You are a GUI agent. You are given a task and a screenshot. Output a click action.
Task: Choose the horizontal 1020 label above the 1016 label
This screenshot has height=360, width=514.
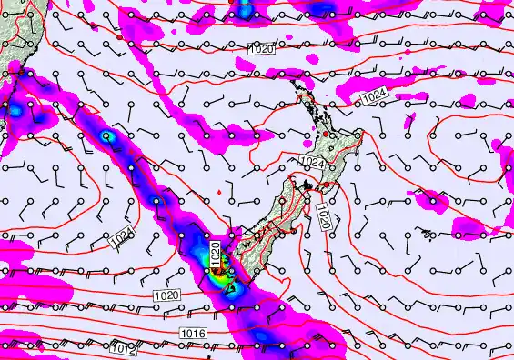[x=166, y=295]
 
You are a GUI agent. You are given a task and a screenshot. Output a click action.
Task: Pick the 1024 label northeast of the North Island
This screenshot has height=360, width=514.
[x=373, y=97]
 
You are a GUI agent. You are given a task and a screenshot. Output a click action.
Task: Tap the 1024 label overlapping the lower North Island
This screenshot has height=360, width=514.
[x=312, y=162]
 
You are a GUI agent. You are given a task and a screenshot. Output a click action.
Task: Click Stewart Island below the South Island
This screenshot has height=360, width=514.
[x=231, y=289]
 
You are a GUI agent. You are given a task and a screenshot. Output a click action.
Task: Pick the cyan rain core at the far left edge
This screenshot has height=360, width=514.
[x=15, y=108]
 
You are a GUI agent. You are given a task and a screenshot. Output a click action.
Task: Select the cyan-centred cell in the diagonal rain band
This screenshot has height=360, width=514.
[x=107, y=136]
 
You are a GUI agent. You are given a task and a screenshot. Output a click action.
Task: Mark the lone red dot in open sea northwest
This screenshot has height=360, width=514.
[x=119, y=38]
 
